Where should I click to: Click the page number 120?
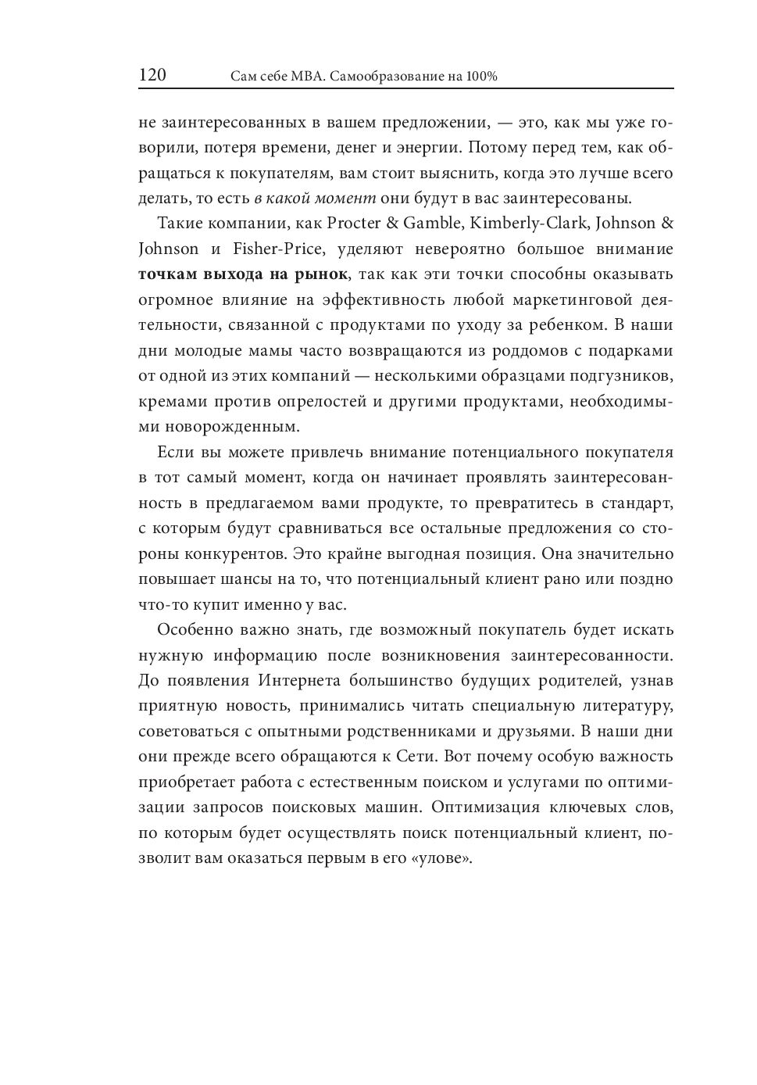tap(152, 75)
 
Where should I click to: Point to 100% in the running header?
tap(482, 77)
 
